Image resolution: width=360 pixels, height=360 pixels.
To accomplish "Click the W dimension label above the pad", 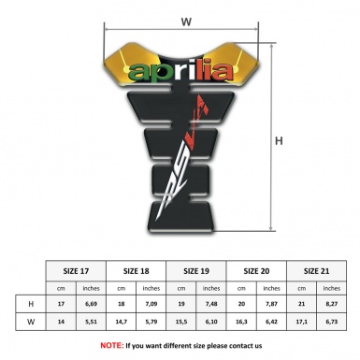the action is pyautogui.click(x=186, y=19).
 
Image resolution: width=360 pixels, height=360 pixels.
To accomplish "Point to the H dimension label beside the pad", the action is pyautogui.click(x=279, y=141).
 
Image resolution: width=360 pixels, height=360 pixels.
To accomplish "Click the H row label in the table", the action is pyautogui.click(x=31, y=305).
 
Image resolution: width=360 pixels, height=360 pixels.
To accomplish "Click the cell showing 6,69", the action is pyautogui.click(x=92, y=305).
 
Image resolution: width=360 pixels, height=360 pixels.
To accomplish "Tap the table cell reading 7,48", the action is pyautogui.click(x=213, y=305).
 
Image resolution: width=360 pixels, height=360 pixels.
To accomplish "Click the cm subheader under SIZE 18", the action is pyautogui.click(x=122, y=288).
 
